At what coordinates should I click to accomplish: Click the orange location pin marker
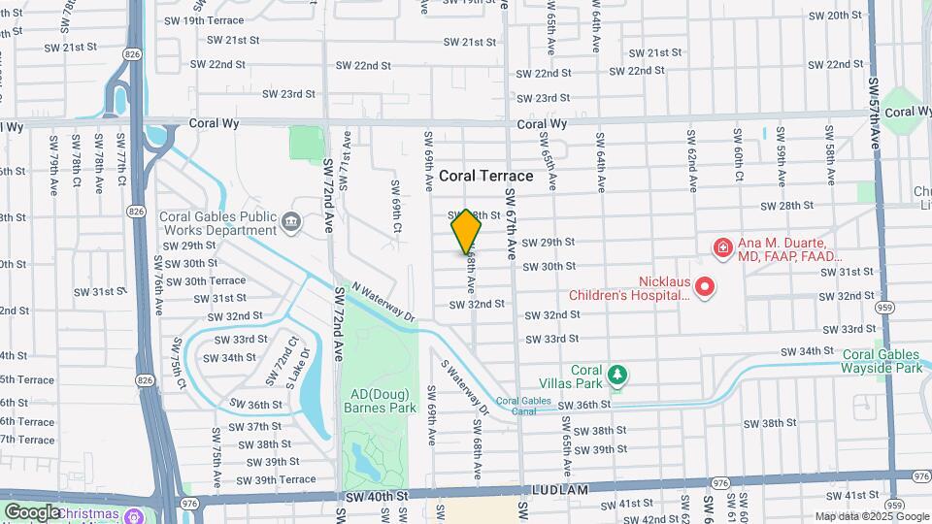tap(466, 231)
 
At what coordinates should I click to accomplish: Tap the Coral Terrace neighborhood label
tap(486, 176)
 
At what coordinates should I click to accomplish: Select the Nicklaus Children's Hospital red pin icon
tap(706, 287)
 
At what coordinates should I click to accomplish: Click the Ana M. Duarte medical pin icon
tap(722, 249)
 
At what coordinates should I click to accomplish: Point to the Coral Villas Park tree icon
tap(616, 375)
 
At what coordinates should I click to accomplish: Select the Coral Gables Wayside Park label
tap(882, 362)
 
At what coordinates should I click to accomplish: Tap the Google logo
tap(32, 512)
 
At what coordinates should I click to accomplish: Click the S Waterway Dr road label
tap(462, 387)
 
